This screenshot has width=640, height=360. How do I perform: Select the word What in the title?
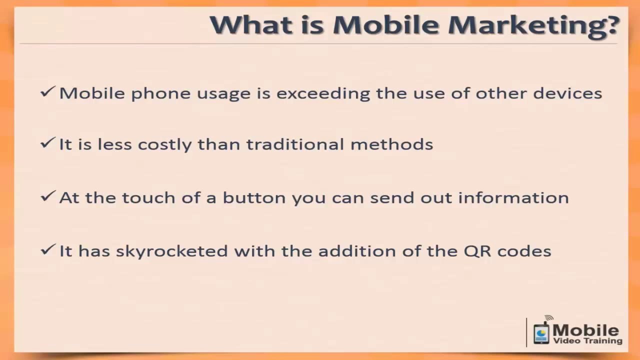click(251, 24)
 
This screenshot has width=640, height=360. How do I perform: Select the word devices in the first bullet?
click(567, 93)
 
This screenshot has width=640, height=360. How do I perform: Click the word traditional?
click(295, 144)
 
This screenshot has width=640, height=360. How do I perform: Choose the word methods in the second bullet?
click(391, 144)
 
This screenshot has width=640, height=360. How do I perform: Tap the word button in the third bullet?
click(254, 197)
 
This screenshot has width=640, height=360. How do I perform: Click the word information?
click(513, 197)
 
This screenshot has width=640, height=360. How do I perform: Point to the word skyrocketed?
click(171, 251)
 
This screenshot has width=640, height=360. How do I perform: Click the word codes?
click(524, 251)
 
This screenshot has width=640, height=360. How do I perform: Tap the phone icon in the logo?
click(541, 332)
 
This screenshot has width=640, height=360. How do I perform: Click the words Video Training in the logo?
click(587, 341)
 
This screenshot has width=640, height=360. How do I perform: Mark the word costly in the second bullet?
click(165, 145)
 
